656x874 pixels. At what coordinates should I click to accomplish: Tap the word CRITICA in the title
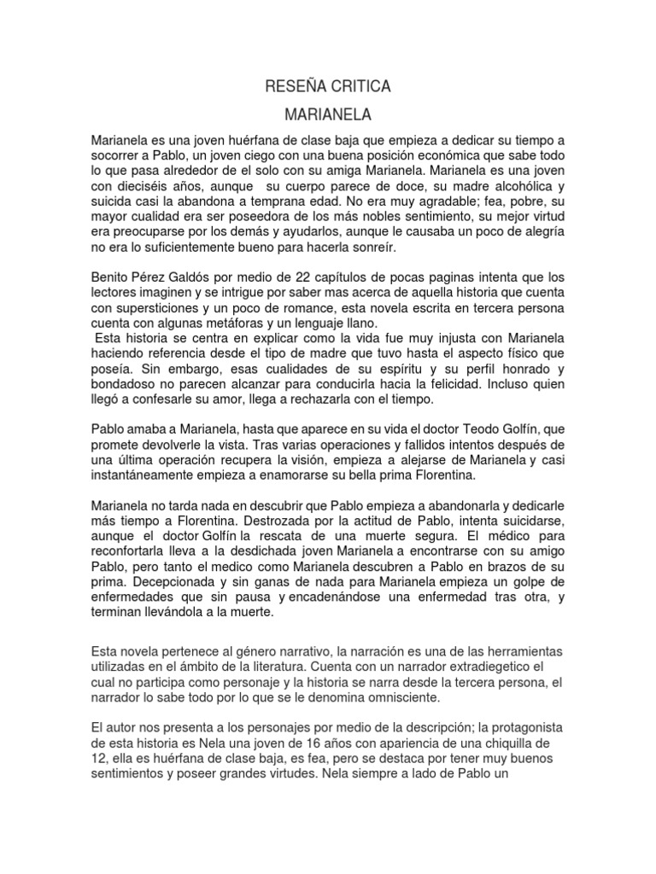[361, 86]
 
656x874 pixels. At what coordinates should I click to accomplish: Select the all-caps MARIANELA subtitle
[328, 113]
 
